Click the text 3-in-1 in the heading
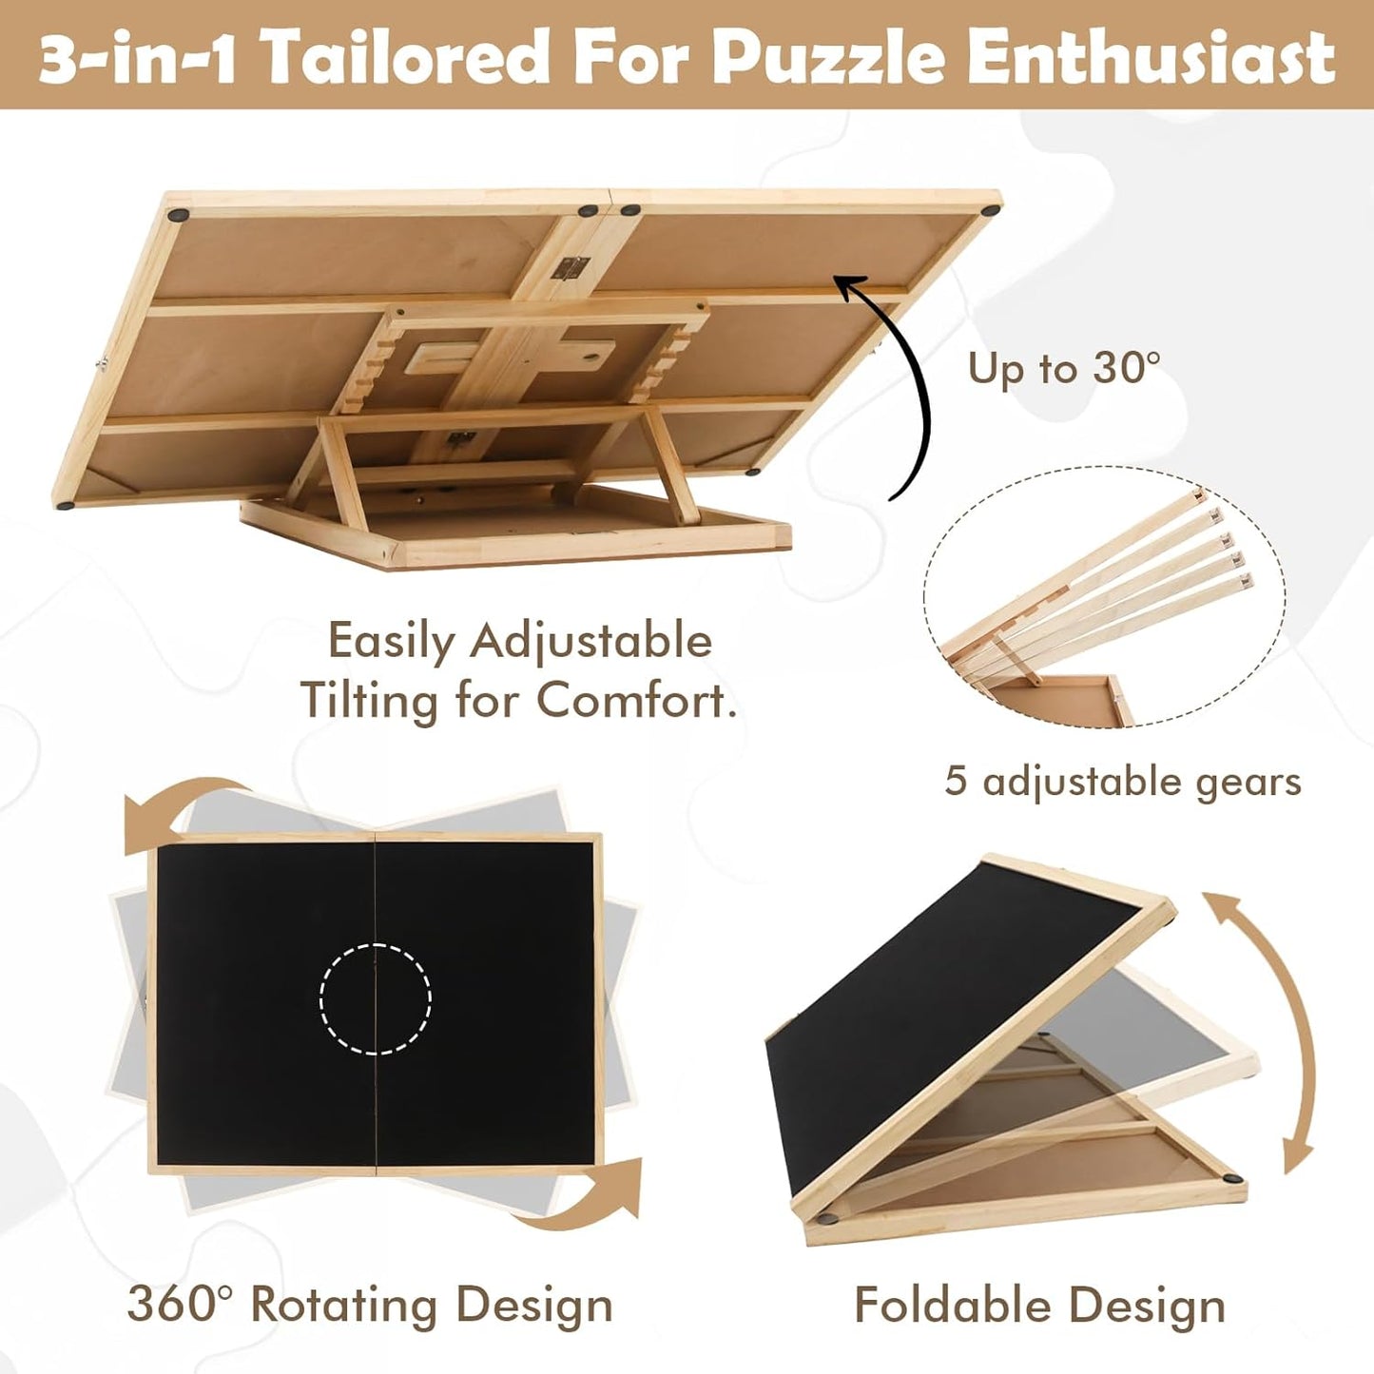pos(136,57)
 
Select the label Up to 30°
pos(1064,368)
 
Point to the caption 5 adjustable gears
pos(1122,782)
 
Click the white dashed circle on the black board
pos(376,998)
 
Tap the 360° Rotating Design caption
pos(370,1304)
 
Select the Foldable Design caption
pos(1039,1306)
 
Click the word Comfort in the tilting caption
pos(635,701)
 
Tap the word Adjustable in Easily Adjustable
pos(590,641)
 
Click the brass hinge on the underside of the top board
pos(567,268)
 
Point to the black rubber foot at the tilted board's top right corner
pos(991,210)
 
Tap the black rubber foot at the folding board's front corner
pos(830,1215)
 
